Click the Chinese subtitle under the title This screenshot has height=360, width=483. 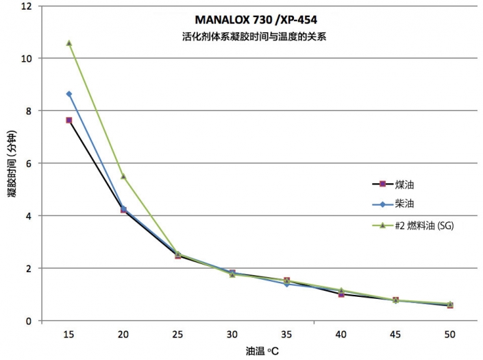coord(249,38)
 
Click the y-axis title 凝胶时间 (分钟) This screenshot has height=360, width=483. coord(12,164)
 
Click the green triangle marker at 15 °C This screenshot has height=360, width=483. coord(69,43)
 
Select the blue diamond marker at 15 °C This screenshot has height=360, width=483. coord(69,94)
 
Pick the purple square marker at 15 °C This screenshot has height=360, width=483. coord(69,120)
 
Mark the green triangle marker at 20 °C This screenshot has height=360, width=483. coord(123,177)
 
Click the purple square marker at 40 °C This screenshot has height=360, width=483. coord(341,294)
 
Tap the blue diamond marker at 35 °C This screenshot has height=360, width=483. coord(286,284)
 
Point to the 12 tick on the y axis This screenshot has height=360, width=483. coord(28,6)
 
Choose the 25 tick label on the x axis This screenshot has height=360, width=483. coord(177,333)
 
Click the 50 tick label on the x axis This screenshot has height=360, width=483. coord(450,333)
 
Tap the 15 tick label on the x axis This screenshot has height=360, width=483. coord(69,333)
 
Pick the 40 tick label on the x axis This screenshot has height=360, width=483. coord(341,333)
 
